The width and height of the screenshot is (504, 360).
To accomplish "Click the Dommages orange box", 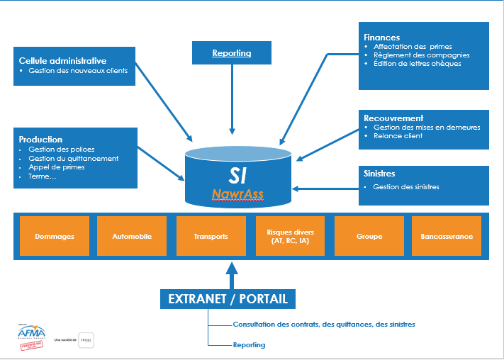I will (55, 236).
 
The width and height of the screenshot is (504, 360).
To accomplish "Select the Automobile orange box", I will (133, 236).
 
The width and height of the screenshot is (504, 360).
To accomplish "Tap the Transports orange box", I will (211, 236).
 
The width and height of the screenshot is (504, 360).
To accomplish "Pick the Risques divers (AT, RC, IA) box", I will (290, 236).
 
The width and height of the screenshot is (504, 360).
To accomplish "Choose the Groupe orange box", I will (369, 236).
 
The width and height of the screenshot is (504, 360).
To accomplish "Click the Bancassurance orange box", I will (447, 236).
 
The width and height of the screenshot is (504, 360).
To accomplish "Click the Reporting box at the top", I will (233, 53).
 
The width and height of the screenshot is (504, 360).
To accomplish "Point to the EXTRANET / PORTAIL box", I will (228, 298).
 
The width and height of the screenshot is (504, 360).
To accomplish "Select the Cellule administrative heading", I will (62, 60).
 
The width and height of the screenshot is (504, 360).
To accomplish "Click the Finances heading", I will (381, 38).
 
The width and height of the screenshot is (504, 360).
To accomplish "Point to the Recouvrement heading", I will (393, 118).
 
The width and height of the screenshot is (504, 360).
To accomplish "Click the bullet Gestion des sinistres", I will (406, 187).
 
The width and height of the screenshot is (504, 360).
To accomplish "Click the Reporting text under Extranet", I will (249, 345).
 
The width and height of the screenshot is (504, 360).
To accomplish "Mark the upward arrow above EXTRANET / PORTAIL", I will (228, 274).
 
